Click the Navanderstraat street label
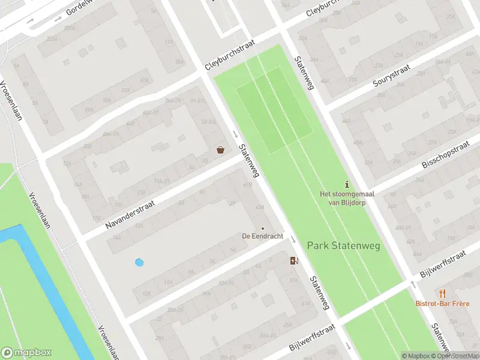[130, 214]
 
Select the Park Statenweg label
[344, 245]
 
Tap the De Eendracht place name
[262, 236]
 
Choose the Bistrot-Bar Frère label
[443, 303]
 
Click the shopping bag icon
[221, 150]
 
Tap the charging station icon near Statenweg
[293, 260]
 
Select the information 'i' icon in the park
[346, 184]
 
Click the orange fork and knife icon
[443, 293]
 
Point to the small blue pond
[139, 262]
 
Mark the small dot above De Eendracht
[262, 228]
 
